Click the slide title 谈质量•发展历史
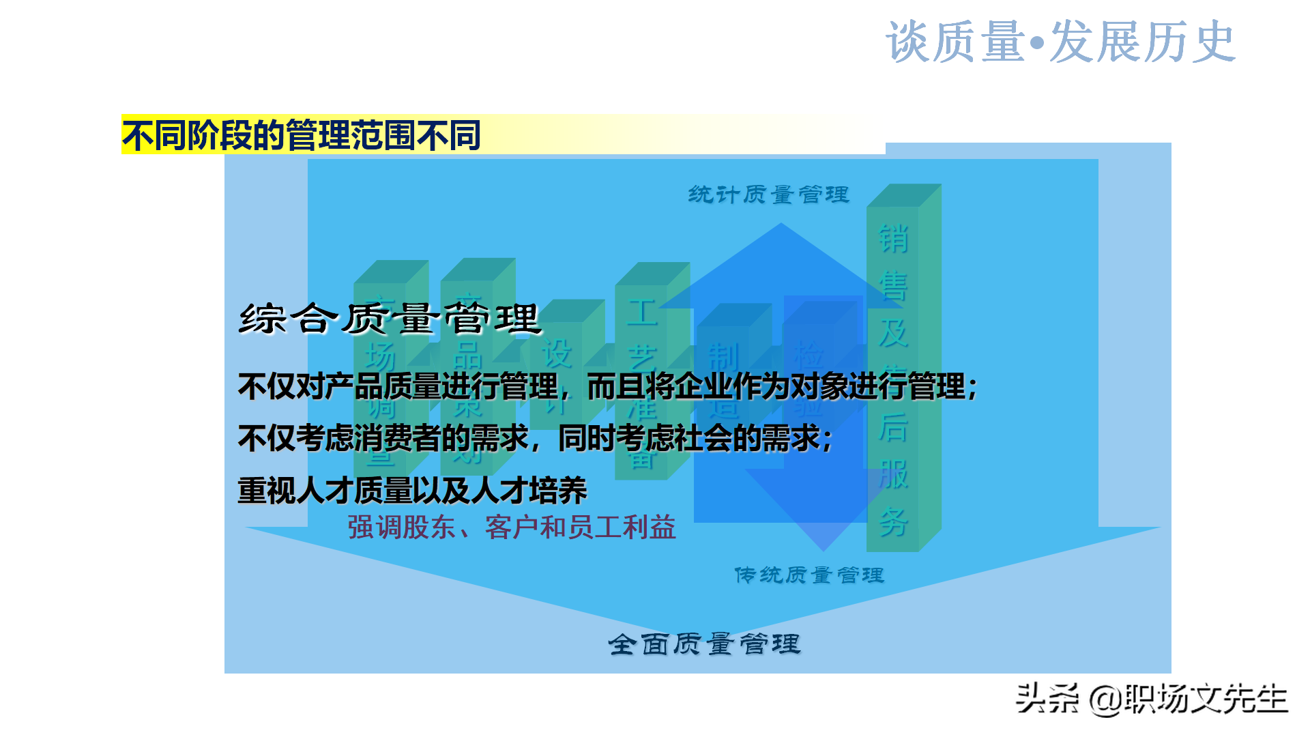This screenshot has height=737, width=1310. point(1060,42)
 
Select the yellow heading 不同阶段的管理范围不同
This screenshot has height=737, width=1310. point(302,135)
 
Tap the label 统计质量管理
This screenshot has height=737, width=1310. point(769,195)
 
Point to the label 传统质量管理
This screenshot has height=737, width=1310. point(809,575)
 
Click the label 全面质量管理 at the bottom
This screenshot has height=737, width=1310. point(704,644)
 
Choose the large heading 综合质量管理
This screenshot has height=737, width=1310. point(390,319)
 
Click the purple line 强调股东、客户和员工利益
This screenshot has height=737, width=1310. point(512,528)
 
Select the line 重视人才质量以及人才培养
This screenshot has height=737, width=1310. point(412,491)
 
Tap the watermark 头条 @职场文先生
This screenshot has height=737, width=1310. point(1151,699)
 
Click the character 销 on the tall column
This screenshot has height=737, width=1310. point(893,239)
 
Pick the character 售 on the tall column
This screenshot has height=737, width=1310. point(893,286)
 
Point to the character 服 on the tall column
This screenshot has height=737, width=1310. point(893,475)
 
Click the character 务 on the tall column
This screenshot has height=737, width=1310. point(893,522)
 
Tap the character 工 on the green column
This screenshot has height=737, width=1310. point(642,313)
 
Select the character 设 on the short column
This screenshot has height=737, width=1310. point(557,354)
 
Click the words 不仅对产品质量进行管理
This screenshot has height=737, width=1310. point(398,387)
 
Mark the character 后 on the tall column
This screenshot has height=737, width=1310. point(893,428)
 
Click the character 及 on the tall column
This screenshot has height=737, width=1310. point(893,333)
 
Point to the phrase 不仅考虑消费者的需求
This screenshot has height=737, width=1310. point(383,438)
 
